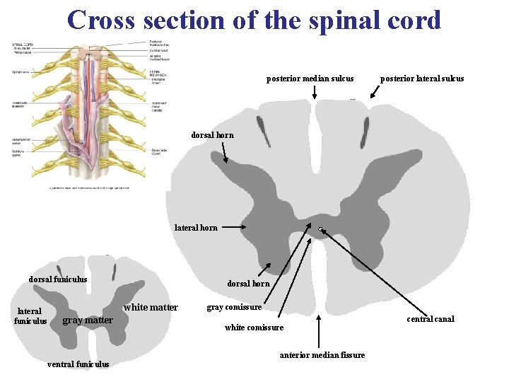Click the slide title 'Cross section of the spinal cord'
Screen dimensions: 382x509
[x=255, y=20]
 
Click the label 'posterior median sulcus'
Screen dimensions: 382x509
[x=310, y=79]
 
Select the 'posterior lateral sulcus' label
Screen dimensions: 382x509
[x=422, y=79]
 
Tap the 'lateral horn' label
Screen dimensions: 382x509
[x=196, y=228]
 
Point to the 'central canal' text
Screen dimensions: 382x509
[x=431, y=319]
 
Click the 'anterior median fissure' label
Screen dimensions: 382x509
[x=322, y=355]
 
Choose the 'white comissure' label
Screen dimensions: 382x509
[x=254, y=328]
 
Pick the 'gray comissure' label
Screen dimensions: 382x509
[x=234, y=308]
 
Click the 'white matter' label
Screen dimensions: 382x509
[x=151, y=308]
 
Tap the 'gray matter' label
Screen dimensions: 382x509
[x=88, y=320]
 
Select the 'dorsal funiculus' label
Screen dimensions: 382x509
[x=58, y=279]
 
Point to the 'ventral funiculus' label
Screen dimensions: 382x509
[x=78, y=365]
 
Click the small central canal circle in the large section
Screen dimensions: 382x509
[x=320, y=228]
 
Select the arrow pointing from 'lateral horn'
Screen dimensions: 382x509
[x=231, y=228]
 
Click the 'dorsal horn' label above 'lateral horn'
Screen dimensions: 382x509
[x=212, y=135]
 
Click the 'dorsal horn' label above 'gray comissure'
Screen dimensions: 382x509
[x=248, y=284]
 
